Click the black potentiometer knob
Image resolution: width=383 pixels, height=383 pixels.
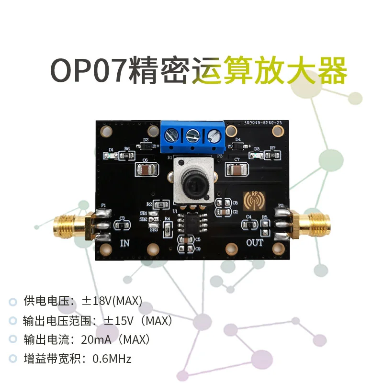coord(193,184)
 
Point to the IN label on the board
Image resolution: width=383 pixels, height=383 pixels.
coord(124,243)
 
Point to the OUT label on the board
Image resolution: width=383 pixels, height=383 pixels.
coord(255,242)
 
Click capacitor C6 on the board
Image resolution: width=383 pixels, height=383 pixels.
coord(146,169)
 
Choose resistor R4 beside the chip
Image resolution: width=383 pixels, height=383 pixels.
coord(167,227)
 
